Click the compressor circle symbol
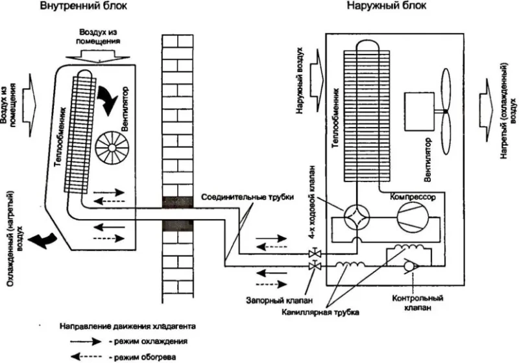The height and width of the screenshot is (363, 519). tap(414, 218)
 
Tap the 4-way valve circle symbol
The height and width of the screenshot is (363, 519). tap(357, 217)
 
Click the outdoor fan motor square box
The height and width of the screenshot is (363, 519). tap(419, 111)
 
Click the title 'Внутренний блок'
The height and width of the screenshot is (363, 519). tap(84, 6)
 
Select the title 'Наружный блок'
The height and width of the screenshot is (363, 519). tap(387, 6)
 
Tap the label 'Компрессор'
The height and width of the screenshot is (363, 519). tap(413, 197)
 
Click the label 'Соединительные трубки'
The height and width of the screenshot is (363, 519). tap(248, 197)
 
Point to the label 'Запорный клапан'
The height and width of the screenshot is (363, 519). tap(280, 301)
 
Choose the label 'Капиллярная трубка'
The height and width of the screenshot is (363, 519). tap(320, 312)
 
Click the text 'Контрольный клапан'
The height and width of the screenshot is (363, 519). tap(417, 303)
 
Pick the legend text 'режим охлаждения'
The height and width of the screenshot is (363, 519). tap(151, 342)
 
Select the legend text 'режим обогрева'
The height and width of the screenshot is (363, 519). tap(145, 357)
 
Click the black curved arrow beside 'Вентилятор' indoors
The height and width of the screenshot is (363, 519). tap(108, 100)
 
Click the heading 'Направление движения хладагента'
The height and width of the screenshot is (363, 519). tap(128, 326)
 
